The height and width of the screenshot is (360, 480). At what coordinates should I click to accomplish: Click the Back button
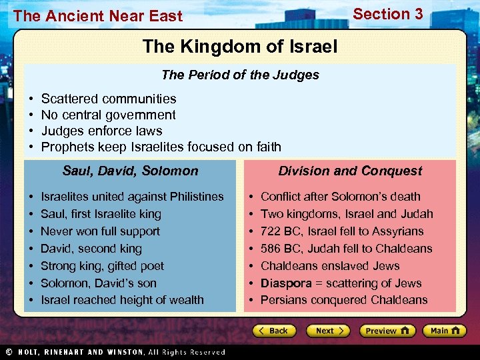coord(273,331)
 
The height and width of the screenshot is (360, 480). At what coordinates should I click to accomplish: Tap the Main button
coord(445,331)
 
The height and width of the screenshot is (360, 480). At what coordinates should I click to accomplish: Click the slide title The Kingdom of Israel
coord(240,47)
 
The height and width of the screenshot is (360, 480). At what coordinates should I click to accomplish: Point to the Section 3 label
coord(387,14)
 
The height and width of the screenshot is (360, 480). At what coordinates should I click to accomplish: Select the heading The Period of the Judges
coord(240,75)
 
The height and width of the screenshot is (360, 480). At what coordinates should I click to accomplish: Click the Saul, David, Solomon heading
coord(130,171)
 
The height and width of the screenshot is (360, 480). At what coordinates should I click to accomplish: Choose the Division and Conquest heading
coord(350,171)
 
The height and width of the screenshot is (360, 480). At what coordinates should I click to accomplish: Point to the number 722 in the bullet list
coord(271,231)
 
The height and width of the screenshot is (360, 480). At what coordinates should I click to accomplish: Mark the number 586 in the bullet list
coord(271,249)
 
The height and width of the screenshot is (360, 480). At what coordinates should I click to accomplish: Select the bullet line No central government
coord(108,115)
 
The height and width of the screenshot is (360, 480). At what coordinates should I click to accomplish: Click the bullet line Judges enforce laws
coord(101,131)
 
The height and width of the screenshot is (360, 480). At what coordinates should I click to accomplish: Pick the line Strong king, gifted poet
coord(102,266)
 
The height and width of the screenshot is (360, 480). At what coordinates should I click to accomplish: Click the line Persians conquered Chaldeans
coord(344,300)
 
